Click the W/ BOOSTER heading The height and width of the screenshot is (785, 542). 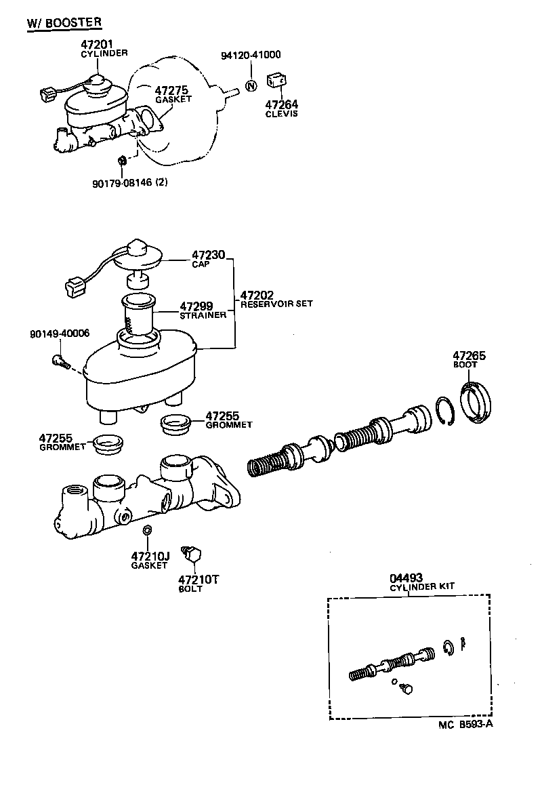coord(64,22)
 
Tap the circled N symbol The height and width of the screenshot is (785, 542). coord(251,86)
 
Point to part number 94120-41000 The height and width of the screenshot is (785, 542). coord(251,55)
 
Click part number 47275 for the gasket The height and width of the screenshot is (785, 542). coord(171,89)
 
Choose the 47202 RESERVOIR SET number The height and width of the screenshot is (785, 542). coord(257,295)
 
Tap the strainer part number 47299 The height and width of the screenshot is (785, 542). coord(196,307)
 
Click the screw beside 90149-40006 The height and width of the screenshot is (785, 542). coord(60,361)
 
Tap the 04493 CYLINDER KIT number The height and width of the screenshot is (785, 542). coord(406,578)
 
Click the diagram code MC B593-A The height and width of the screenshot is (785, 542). coord(465,725)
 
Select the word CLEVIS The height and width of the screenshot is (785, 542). coord(281,113)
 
